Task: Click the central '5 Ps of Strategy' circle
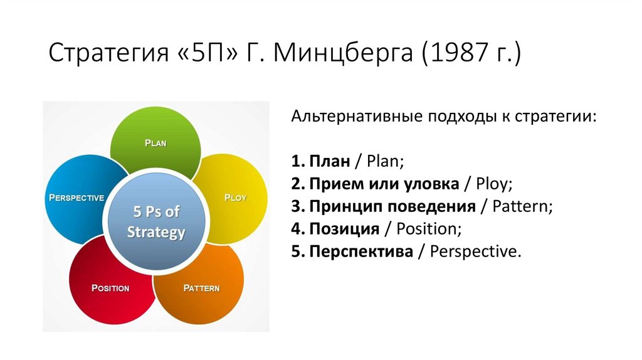[x=156, y=223]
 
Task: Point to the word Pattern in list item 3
[x=522, y=206]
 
